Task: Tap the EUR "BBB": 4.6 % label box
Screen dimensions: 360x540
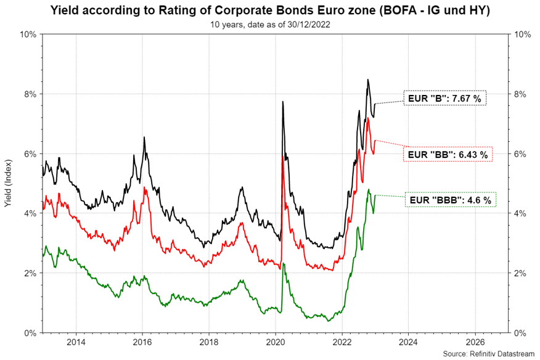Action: point(451,200)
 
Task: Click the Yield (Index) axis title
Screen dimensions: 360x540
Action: point(8,183)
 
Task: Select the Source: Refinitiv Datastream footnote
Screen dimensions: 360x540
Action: point(490,354)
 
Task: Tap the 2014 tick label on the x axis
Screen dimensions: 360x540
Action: point(76,342)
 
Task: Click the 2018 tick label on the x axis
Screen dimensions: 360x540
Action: point(209,342)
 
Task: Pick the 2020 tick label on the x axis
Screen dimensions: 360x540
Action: point(276,342)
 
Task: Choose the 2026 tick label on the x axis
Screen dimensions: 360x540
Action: point(475,342)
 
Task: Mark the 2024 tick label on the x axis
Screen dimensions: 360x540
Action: point(409,342)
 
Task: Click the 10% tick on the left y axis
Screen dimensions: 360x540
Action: point(28,35)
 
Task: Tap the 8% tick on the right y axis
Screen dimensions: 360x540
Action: point(522,94)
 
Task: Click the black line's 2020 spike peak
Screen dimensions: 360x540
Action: point(282,102)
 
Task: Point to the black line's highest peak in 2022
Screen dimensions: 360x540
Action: point(368,80)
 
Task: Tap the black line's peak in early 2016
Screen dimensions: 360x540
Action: point(144,137)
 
